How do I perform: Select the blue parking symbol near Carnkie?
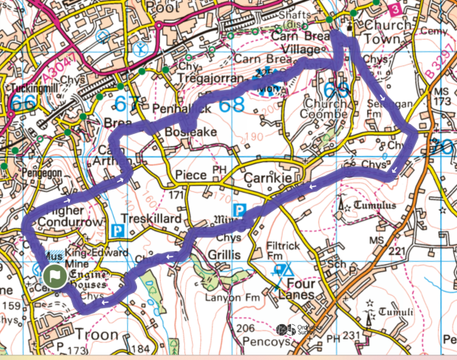point(239,209)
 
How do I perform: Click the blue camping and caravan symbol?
point(283,269)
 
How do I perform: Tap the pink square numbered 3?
point(394,8)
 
